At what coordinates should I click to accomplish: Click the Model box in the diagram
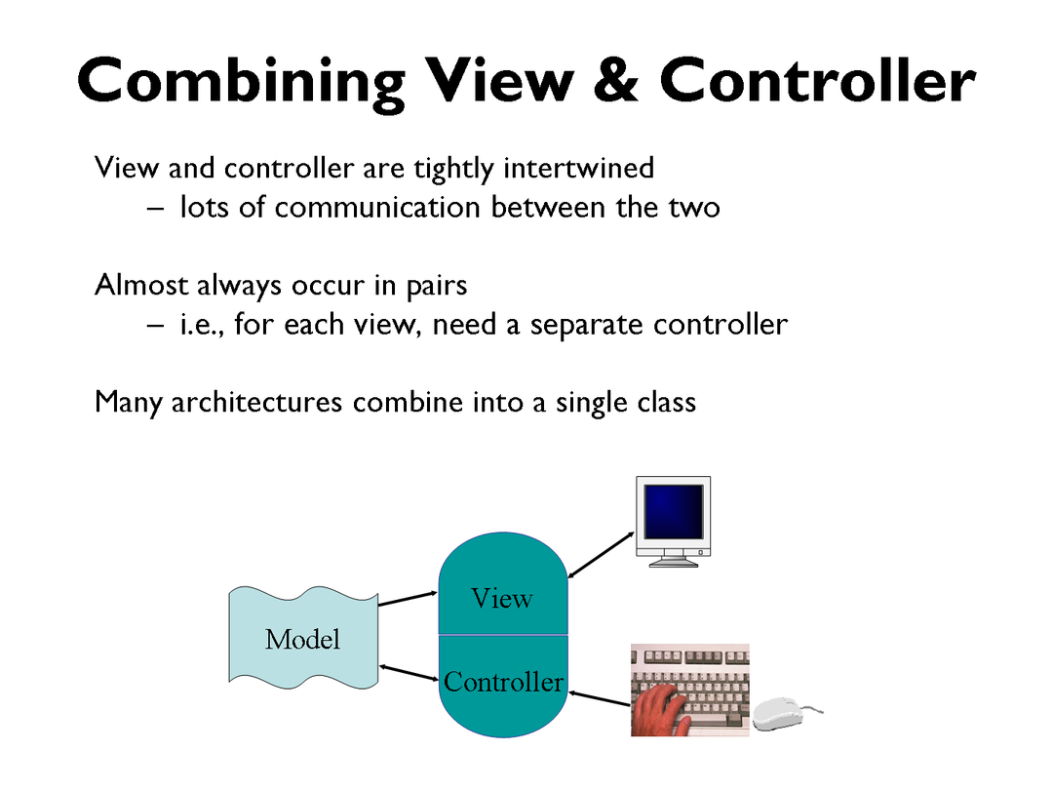tap(302, 639)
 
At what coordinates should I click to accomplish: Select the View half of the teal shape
tap(502, 590)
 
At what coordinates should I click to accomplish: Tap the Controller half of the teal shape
tap(503, 683)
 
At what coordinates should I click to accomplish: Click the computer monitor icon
tap(672, 520)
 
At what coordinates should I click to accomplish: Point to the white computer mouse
tap(786, 713)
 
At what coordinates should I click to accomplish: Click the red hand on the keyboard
tap(663, 708)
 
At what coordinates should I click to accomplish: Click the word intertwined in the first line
tap(578, 168)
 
